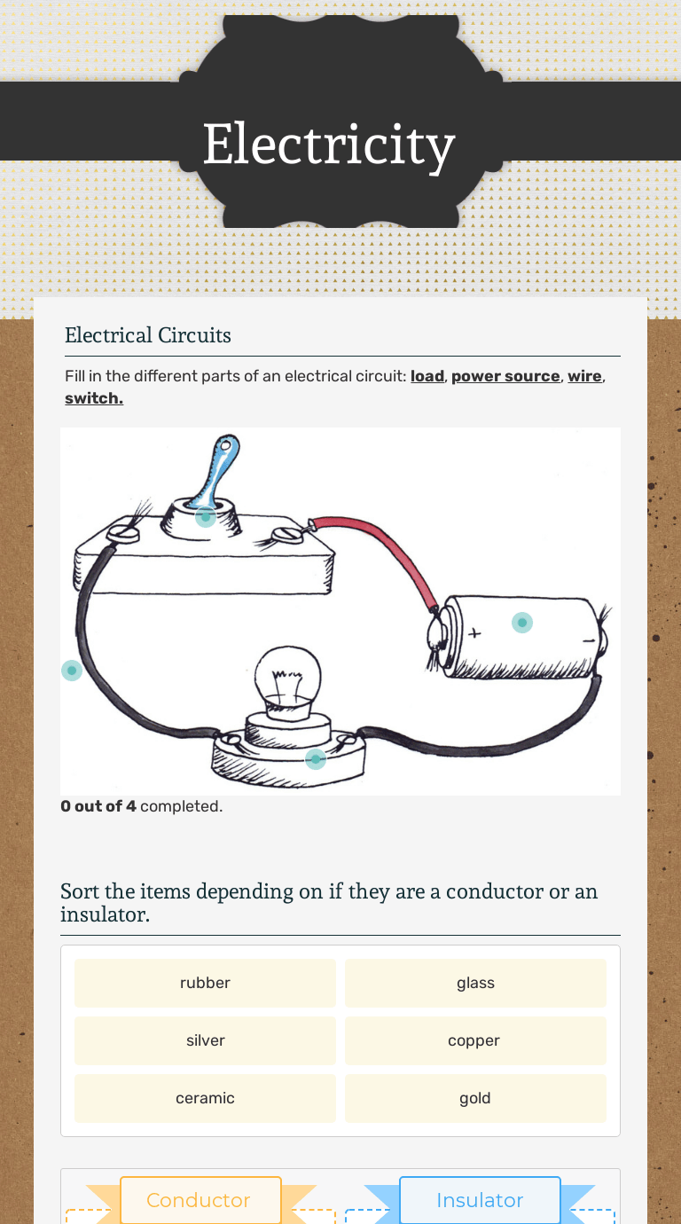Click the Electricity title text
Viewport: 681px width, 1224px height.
coord(328,145)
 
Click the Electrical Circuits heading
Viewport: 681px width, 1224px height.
coord(147,335)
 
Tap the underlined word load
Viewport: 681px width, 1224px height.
coord(427,376)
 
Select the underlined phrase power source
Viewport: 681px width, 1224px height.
coord(505,376)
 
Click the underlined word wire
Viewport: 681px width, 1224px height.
coord(584,376)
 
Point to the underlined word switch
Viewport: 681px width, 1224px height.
coord(93,398)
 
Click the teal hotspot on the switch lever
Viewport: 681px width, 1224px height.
coord(206,515)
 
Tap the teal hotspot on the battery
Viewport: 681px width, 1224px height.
coord(522,623)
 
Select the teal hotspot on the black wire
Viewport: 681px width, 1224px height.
coord(72,671)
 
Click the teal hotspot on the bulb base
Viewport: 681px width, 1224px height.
coord(316,759)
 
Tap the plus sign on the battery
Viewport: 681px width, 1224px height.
coord(474,633)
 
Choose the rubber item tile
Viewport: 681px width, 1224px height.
coord(205,983)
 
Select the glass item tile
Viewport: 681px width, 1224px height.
coord(475,983)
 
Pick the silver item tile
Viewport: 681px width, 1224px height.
coord(205,1040)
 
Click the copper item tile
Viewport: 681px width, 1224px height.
coord(475,1040)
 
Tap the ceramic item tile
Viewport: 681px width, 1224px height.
coord(205,1098)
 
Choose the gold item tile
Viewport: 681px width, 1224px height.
coord(475,1098)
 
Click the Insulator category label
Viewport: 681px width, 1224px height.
coord(480,1200)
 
